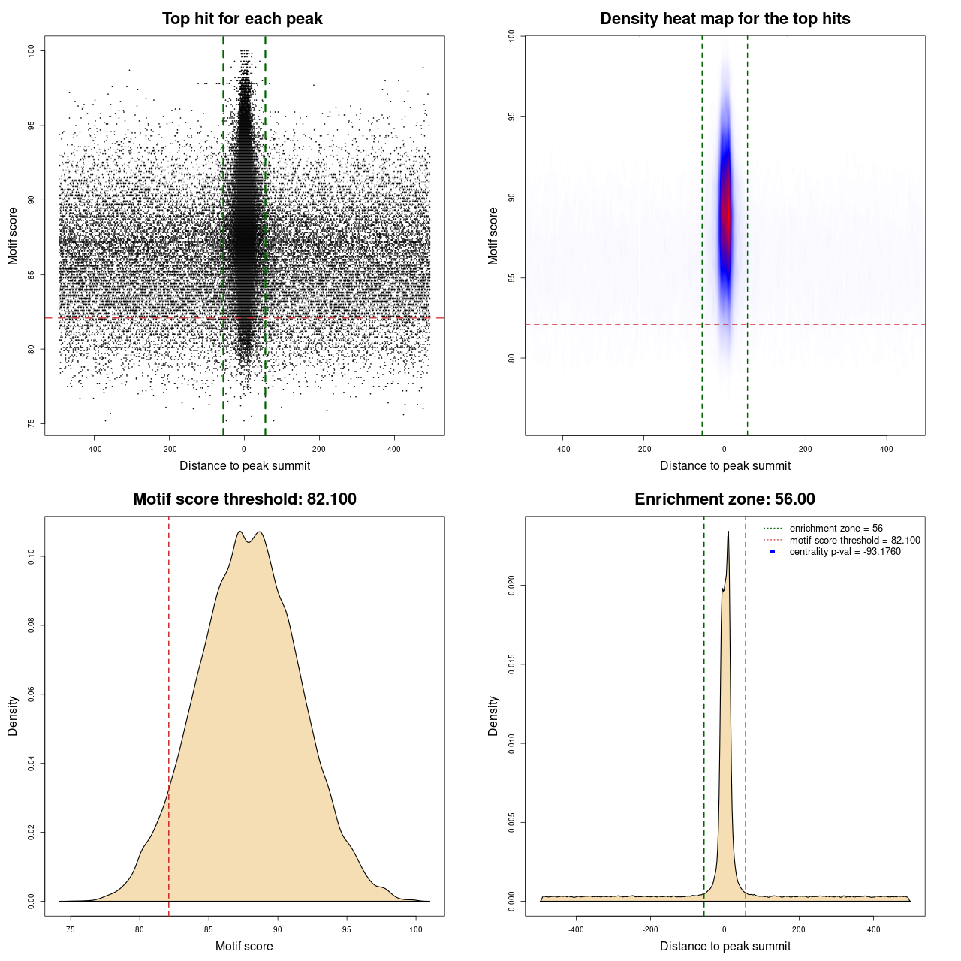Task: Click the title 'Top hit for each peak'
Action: pyautogui.click(x=242, y=19)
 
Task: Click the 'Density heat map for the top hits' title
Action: pyautogui.click(x=725, y=19)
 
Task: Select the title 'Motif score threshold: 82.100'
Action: pyautogui.click(x=244, y=499)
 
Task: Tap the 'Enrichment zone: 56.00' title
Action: pyautogui.click(x=725, y=499)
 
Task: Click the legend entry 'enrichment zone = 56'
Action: pyautogui.click(x=836, y=529)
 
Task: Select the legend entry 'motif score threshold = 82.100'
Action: pyautogui.click(x=854, y=540)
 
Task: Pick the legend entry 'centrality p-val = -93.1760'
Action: pyautogui.click(x=845, y=552)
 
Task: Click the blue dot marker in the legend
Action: pyautogui.click(x=773, y=552)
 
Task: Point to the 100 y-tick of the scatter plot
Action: pyautogui.click(x=31, y=50)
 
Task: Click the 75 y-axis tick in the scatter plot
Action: pyautogui.click(x=31, y=423)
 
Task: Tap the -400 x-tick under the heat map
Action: pyautogui.click(x=562, y=449)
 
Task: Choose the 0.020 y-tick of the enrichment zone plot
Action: pyautogui.click(x=511, y=585)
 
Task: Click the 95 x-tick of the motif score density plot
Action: pyautogui.click(x=347, y=929)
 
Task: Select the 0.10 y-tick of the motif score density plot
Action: pyautogui.click(x=31, y=556)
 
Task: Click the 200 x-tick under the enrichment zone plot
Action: pyautogui.click(x=799, y=929)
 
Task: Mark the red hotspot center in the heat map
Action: pyautogui.click(x=725, y=214)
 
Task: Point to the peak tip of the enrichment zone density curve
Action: pyautogui.click(x=728, y=532)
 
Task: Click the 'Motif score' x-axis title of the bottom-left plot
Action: pyautogui.click(x=244, y=946)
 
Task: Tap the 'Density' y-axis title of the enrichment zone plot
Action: pyautogui.click(x=493, y=715)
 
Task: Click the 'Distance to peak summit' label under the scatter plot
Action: pyautogui.click(x=245, y=465)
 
